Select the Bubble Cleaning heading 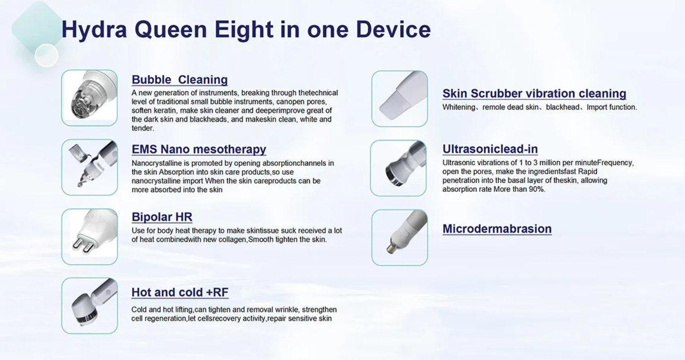coord(179,80)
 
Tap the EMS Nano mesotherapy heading coord(199,149)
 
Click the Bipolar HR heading coord(162,217)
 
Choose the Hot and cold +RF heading coord(180,292)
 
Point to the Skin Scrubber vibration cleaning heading coord(534,93)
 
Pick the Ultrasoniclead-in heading coord(490,149)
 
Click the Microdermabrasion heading coord(497,229)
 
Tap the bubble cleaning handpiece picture coord(90,98)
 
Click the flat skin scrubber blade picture coord(400,98)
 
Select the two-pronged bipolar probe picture coord(90,237)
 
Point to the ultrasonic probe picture coord(398,168)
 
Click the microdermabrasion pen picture coord(400,237)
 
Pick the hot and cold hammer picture coord(90,305)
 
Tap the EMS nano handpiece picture coord(90,167)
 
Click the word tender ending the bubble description coord(142,128)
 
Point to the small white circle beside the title coord(47,55)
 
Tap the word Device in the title coord(393,30)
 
